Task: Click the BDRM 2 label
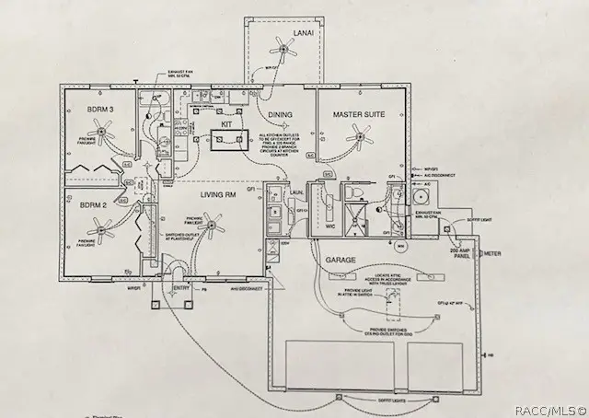pos(95,204)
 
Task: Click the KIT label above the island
pos(225,121)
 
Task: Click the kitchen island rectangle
pos(226,140)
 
